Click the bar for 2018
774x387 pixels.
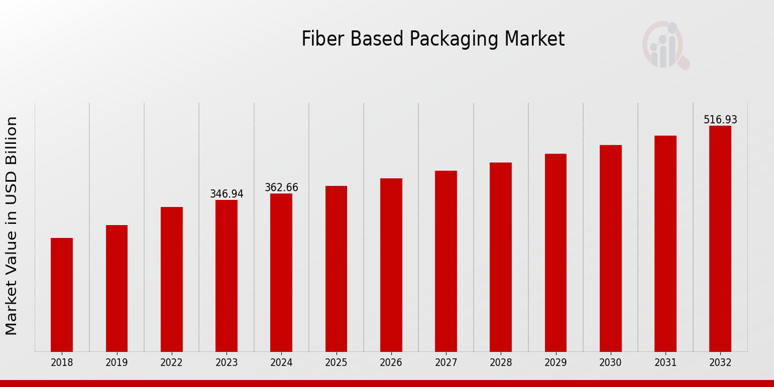[x=62, y=295]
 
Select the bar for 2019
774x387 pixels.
[x=117, y=288]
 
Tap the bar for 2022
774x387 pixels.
[x=172, y=279]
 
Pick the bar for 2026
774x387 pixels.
[x=391, y=265]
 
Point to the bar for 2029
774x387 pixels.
[x=555, y=253]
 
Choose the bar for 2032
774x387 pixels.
[x=720, y=239]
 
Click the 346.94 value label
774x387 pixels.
[x=226, y=194]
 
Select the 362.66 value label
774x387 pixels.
[x=281, y=188]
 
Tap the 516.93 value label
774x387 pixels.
[x=720, y=120]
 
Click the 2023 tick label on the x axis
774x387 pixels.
[x=226, y=363]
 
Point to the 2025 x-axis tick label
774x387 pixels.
[x=336, y=363]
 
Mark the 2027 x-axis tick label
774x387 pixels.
[x=446, y=363]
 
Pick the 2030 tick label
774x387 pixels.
[x=610, y=363]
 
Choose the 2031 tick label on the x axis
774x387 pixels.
[x=665, y=363]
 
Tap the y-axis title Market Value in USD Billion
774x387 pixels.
[x=12, y=226]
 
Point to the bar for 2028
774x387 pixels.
[x=501, y=257]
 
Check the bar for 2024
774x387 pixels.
[x=281, y=273]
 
